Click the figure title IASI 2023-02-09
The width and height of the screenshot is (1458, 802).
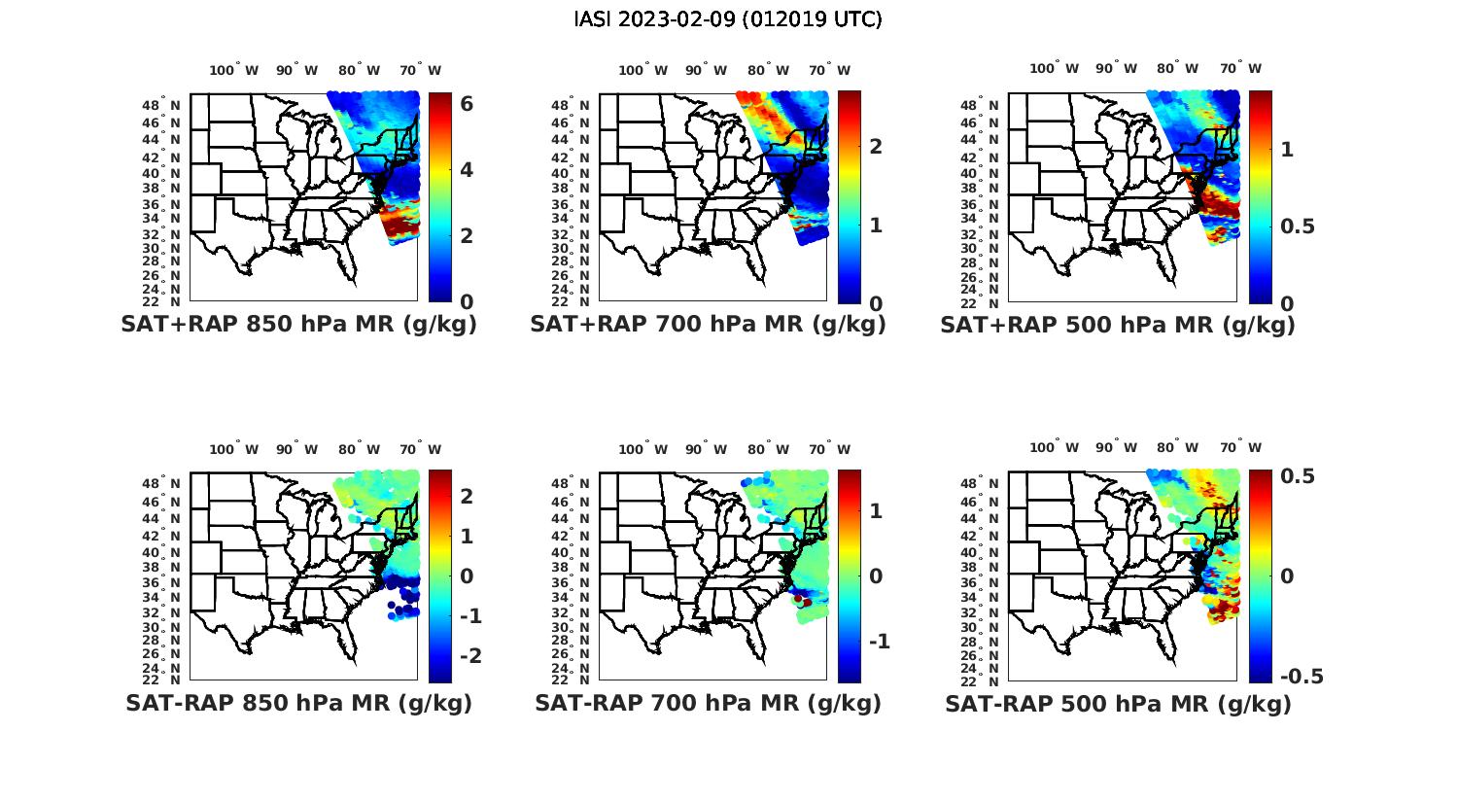click(728, 19)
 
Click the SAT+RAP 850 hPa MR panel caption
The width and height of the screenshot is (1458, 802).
click(298, 325)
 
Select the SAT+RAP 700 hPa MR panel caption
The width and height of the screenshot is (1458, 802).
click(708, 325)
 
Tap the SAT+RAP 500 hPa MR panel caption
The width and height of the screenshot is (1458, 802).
click(1117, 325)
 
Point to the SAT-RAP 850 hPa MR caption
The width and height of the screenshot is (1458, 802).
click(298, 703)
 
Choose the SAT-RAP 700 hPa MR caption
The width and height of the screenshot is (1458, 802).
click(708, 703)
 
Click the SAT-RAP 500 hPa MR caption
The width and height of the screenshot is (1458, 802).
click(1118, 704)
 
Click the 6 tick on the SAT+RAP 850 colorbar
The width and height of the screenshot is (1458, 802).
click(467, 104)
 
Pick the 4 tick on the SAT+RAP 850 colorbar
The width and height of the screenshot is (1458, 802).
click(467, 170)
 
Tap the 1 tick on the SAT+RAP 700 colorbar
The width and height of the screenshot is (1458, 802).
click(876, 225)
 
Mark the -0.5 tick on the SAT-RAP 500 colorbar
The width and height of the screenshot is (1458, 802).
click(1302, 677)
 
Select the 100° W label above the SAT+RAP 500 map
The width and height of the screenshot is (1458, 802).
click(1055, 68)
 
